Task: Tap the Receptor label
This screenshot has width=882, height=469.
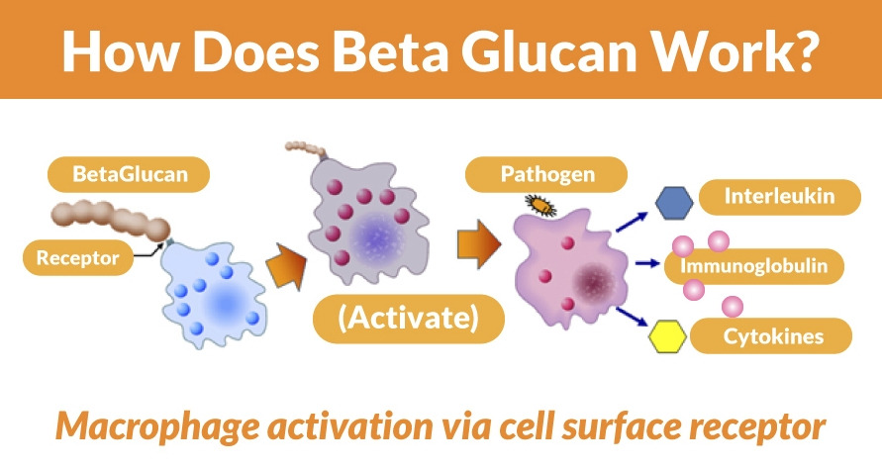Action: tap(77, 259)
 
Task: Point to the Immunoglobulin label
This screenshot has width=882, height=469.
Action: tap(761, 265)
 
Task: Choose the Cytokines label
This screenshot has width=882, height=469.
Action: tap(771, 336)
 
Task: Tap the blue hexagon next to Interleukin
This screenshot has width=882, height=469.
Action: tap(674, 202)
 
